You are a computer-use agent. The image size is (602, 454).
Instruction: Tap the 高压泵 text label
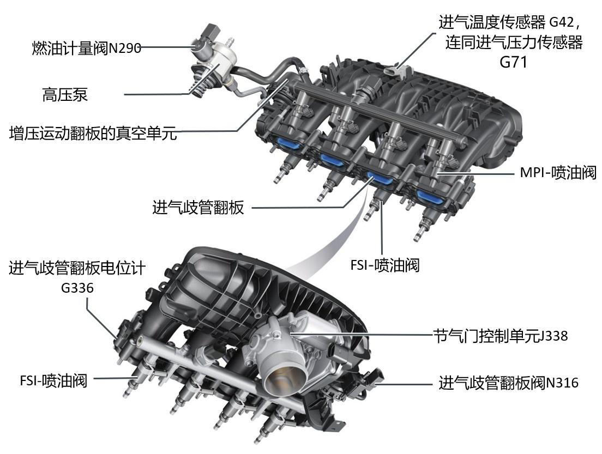(65, 94)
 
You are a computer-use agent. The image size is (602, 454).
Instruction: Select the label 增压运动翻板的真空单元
(93, 134)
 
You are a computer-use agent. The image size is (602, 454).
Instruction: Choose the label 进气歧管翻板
(198, 208)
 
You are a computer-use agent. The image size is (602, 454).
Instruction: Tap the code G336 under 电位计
(77, 287)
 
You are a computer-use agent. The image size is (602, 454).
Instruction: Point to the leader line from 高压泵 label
(158, 95)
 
